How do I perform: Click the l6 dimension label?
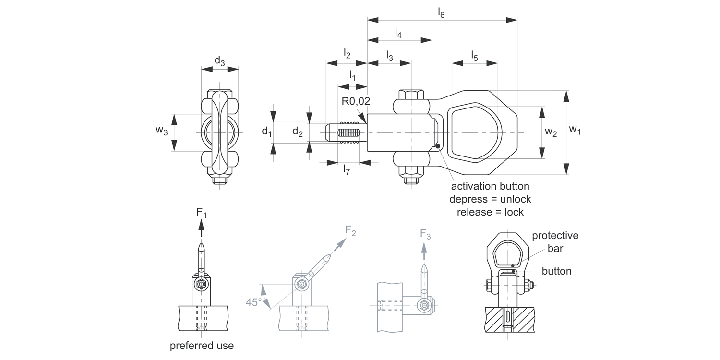(x=441, y=13)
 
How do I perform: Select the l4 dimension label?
(x=398, y=33)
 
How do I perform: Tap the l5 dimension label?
(x=474, y=55)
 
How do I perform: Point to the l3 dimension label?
(x=389, y=56)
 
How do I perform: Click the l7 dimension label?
(x=346, y=169)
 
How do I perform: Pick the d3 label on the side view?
(x=219, y=61)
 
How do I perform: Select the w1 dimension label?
(x=575, y=130)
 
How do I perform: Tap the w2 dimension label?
(x=551, y=133)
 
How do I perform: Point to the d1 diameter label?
(x=266, y=131)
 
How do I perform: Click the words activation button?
(x=490, y=186)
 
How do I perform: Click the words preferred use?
(x=202, y=346)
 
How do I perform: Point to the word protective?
(x=555, y=236)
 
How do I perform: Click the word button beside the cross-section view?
(x=556, y=271)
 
